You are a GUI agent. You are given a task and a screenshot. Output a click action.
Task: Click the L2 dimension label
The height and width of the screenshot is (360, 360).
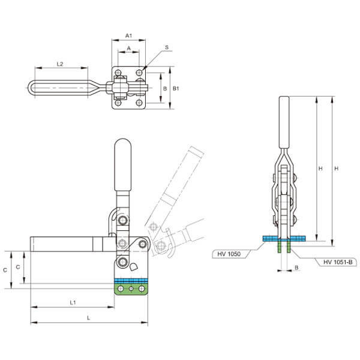click(x=60, y=63)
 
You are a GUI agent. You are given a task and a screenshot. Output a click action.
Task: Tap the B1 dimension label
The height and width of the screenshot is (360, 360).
click(x=175, y=88)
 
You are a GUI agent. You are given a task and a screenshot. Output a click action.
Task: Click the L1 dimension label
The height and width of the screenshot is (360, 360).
click(x=72, y=302)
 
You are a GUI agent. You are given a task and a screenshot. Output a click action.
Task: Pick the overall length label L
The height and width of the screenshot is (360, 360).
click(x=89, y=317)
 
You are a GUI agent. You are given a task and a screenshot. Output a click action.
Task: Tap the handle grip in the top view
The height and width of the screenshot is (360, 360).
click(x=57, y=88)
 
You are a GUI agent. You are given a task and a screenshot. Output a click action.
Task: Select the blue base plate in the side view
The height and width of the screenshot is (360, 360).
click(x=131, y=280)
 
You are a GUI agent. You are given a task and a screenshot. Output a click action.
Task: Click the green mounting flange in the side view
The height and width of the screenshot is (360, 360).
click(x=131, y=289)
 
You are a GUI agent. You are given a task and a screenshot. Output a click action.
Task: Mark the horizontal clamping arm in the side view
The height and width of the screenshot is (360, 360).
click(x=69, y=244)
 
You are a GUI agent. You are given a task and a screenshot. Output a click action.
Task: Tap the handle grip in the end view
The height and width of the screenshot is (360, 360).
click(x=284, y=123)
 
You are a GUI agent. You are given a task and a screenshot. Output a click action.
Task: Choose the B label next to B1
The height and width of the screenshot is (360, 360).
click(x=165, y=88)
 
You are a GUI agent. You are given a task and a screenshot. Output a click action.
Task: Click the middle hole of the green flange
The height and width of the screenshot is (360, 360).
click(x=131, y=290)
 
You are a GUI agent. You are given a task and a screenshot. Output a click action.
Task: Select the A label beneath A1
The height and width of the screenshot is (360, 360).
click(x=129, y=48)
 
